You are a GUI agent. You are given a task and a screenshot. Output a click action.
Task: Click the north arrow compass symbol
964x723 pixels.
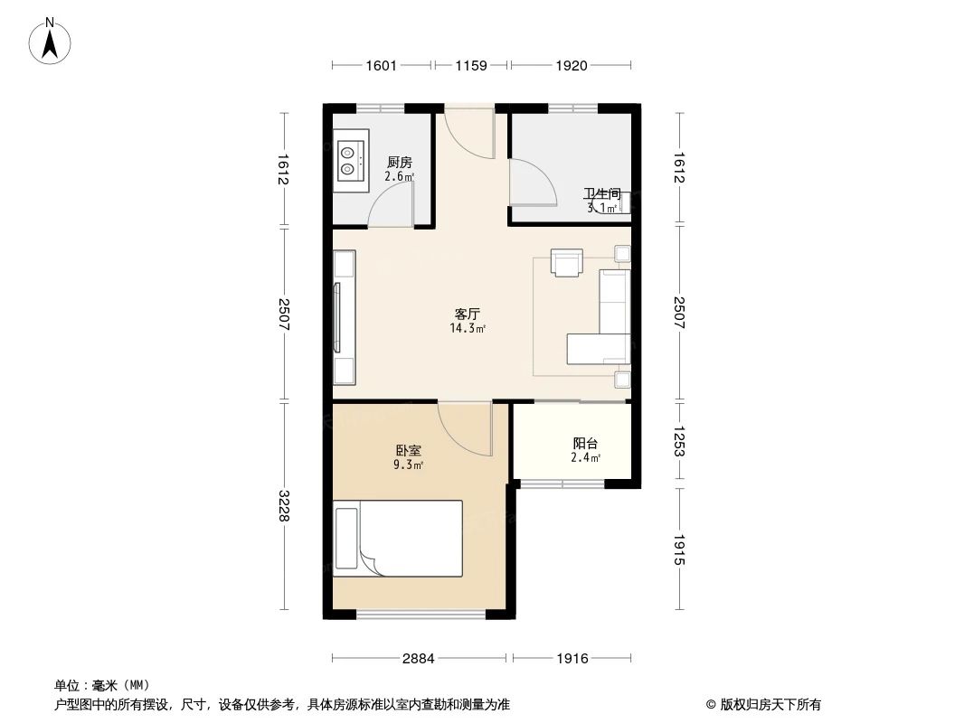point(50,41)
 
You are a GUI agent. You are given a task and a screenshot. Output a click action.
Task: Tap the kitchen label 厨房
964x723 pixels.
point(400,162)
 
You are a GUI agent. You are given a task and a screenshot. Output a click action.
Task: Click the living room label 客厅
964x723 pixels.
point(468,315)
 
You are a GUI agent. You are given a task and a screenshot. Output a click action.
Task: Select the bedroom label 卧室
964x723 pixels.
point(408,450)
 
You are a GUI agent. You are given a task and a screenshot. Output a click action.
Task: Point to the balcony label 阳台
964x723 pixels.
point(585,443)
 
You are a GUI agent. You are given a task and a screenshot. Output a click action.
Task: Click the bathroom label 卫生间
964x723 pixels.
point(602,194)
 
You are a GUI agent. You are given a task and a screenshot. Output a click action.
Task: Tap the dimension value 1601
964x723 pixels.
point(382,65)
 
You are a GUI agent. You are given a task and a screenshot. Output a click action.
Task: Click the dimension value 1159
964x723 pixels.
point(471,65)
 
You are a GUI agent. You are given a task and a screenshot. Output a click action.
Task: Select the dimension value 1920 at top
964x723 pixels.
point(572,65)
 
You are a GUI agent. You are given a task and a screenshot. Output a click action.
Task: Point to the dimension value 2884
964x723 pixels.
point(419,659)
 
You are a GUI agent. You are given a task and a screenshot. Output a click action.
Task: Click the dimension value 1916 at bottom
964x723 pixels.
point(572,659)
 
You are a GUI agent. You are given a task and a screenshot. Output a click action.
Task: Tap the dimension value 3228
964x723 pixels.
point(283,505)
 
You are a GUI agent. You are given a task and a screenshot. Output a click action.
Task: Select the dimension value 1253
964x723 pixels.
point(679,441)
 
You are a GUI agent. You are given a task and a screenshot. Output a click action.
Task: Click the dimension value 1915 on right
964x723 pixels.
point(679,549)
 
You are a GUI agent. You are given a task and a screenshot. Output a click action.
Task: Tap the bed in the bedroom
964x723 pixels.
point(398,539)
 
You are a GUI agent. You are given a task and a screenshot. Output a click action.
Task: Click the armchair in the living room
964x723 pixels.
point(567,262)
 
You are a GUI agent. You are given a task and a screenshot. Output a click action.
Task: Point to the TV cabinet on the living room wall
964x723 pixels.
point(345,317)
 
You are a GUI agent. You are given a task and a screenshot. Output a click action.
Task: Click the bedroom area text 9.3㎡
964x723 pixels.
point(408,465)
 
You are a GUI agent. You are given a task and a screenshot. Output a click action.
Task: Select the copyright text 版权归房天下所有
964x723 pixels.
point(770,705)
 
